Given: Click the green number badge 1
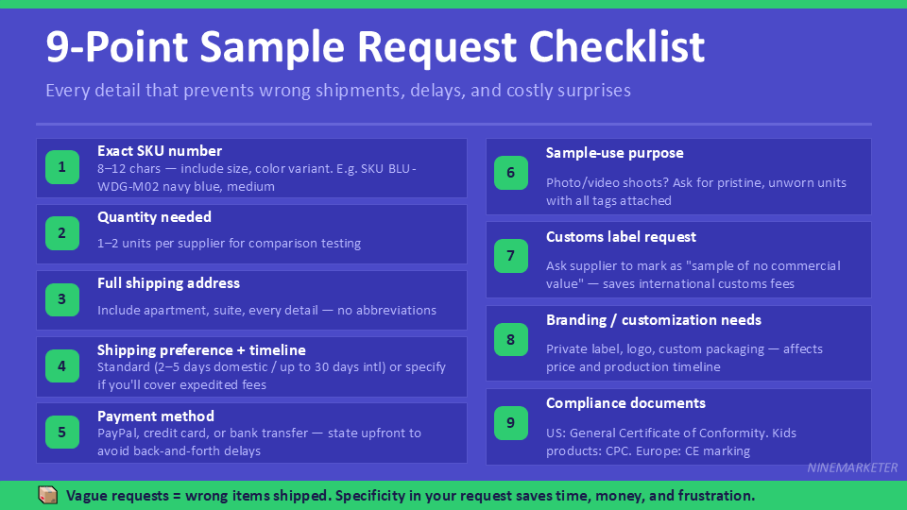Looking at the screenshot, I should (62, 168).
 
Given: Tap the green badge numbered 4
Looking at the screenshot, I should (62, 366).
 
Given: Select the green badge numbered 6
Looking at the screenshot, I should (511, 173).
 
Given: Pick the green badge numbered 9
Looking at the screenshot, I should (511, 423).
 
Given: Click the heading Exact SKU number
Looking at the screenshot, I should (160, 151).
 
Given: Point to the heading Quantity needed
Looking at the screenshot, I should (154, 217).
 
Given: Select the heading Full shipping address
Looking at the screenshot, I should (168, 283).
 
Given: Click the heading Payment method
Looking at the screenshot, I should (155, 416).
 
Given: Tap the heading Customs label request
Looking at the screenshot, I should (621, 237).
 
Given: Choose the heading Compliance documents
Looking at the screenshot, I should (625, 403).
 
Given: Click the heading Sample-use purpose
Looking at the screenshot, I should (614, 153).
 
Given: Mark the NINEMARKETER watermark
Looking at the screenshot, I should (852, 467).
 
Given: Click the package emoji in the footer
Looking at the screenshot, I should (47, 495).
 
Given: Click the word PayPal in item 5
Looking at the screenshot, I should (117, 433).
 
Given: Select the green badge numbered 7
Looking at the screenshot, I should (511, 256).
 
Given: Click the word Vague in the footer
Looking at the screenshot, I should (86, 496).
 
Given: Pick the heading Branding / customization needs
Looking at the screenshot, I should (654, 320).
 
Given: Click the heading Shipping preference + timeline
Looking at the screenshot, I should (201, 350).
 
